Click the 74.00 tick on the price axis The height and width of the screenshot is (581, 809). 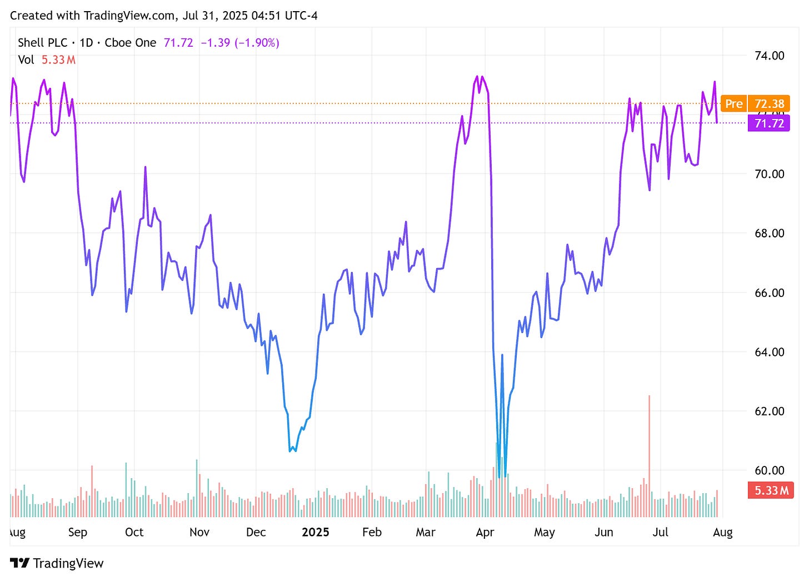[x=769, y=56]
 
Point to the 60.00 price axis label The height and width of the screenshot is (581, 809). [x=769, y=470]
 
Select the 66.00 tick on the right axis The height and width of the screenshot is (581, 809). [x=769, y=292]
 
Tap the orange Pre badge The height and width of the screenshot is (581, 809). [x=733, y=104]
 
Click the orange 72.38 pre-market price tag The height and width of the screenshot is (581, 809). [x=769, y=104]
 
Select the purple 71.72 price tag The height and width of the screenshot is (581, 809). [x=769, y=123]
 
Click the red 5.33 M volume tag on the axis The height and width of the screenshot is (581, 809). [x=771, y=490]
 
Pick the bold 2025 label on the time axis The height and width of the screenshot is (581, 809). [x=315, y=533]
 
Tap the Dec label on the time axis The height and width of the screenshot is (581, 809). [x=256, y=533]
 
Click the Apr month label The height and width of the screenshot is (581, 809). [x=485, y=533]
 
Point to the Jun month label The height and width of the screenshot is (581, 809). [x=603, y=533]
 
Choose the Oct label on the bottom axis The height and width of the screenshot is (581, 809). [x=134, y=533]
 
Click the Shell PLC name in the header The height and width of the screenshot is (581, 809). [x=42, y=43]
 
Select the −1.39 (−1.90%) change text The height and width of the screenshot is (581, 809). [x=239, y=43]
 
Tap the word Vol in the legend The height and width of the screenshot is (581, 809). [x=26, y=60]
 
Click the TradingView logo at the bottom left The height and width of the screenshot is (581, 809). [x=57, y=563]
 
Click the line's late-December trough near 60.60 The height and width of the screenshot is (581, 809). [x=291, y=450]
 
